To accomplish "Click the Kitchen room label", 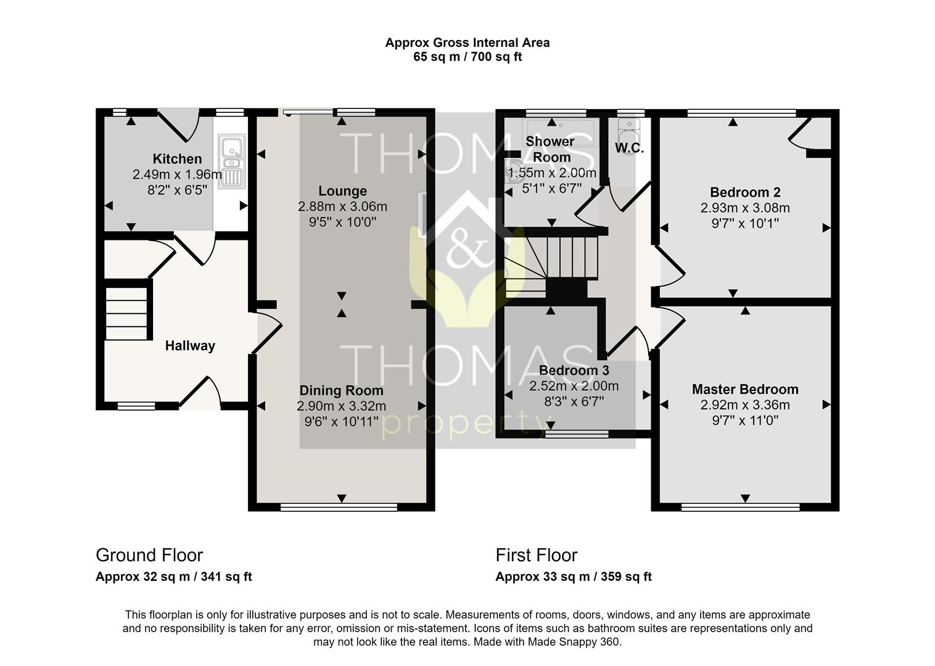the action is point(177,158).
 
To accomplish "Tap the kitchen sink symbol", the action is point(232,161).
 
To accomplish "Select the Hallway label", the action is point(190,345).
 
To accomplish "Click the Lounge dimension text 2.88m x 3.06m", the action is point(342,207).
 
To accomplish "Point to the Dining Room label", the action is point(342,390).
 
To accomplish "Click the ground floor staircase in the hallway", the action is point(126,313).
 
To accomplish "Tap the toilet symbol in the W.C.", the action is point(628,138).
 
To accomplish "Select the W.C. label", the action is point(629,148).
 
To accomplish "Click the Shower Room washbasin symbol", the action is point(513,171).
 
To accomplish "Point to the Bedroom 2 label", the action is point(745,192).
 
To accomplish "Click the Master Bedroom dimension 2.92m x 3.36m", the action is point(745,405).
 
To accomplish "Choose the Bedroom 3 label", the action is point(574,370).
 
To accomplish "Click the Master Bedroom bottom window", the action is point(741,507).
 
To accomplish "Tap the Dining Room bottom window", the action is point(339,507).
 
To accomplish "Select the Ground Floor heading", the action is point(149,555).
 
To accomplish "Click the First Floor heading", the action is point(537,555).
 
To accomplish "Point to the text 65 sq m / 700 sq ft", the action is point(467,57).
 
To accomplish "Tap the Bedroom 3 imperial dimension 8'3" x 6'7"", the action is point(574,401).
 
